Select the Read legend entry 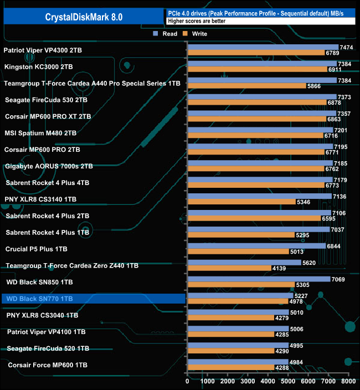(x=166, y=34)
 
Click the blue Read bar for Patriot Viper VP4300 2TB (x=263, y=47)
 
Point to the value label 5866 (x=314, y=86)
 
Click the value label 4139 (x=279, y=269)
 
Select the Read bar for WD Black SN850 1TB (x=259, y=279)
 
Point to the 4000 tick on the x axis (x=268, y=382)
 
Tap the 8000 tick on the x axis (x=348, y=382)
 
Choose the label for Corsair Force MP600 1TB (x=49, y=365)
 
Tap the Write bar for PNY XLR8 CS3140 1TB (x=241, y=202)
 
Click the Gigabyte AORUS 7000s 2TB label (x=49, y=166)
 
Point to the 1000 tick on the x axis (x=208, y=382)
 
